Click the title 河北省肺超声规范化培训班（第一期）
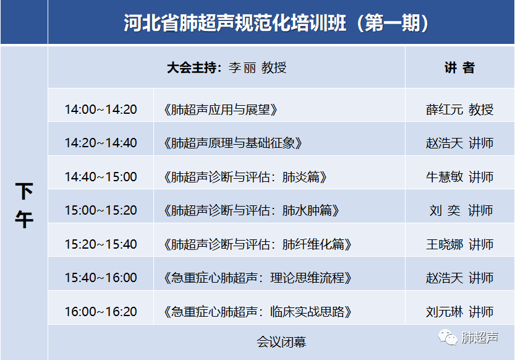(x=276, y=23)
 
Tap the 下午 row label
(x=24, y=205)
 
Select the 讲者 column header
(x=459, y=67)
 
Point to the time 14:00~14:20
(x=101, y=109)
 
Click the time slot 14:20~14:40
(x=101, y=143)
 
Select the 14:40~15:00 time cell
(x=101, y=177)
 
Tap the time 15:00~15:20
(x=101, y=210)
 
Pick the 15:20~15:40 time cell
(x=101, y=244)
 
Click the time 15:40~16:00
(x=101, y=278)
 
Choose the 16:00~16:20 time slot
(x=101, y=311)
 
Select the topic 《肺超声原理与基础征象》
(x=233, y=143)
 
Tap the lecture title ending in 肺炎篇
(x=245, y=177)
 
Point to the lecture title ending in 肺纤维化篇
(x=258, y=244)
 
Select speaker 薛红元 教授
(x=459, y=109)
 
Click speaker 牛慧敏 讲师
(x=459, y=177)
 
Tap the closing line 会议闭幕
(x=281, y=341)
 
